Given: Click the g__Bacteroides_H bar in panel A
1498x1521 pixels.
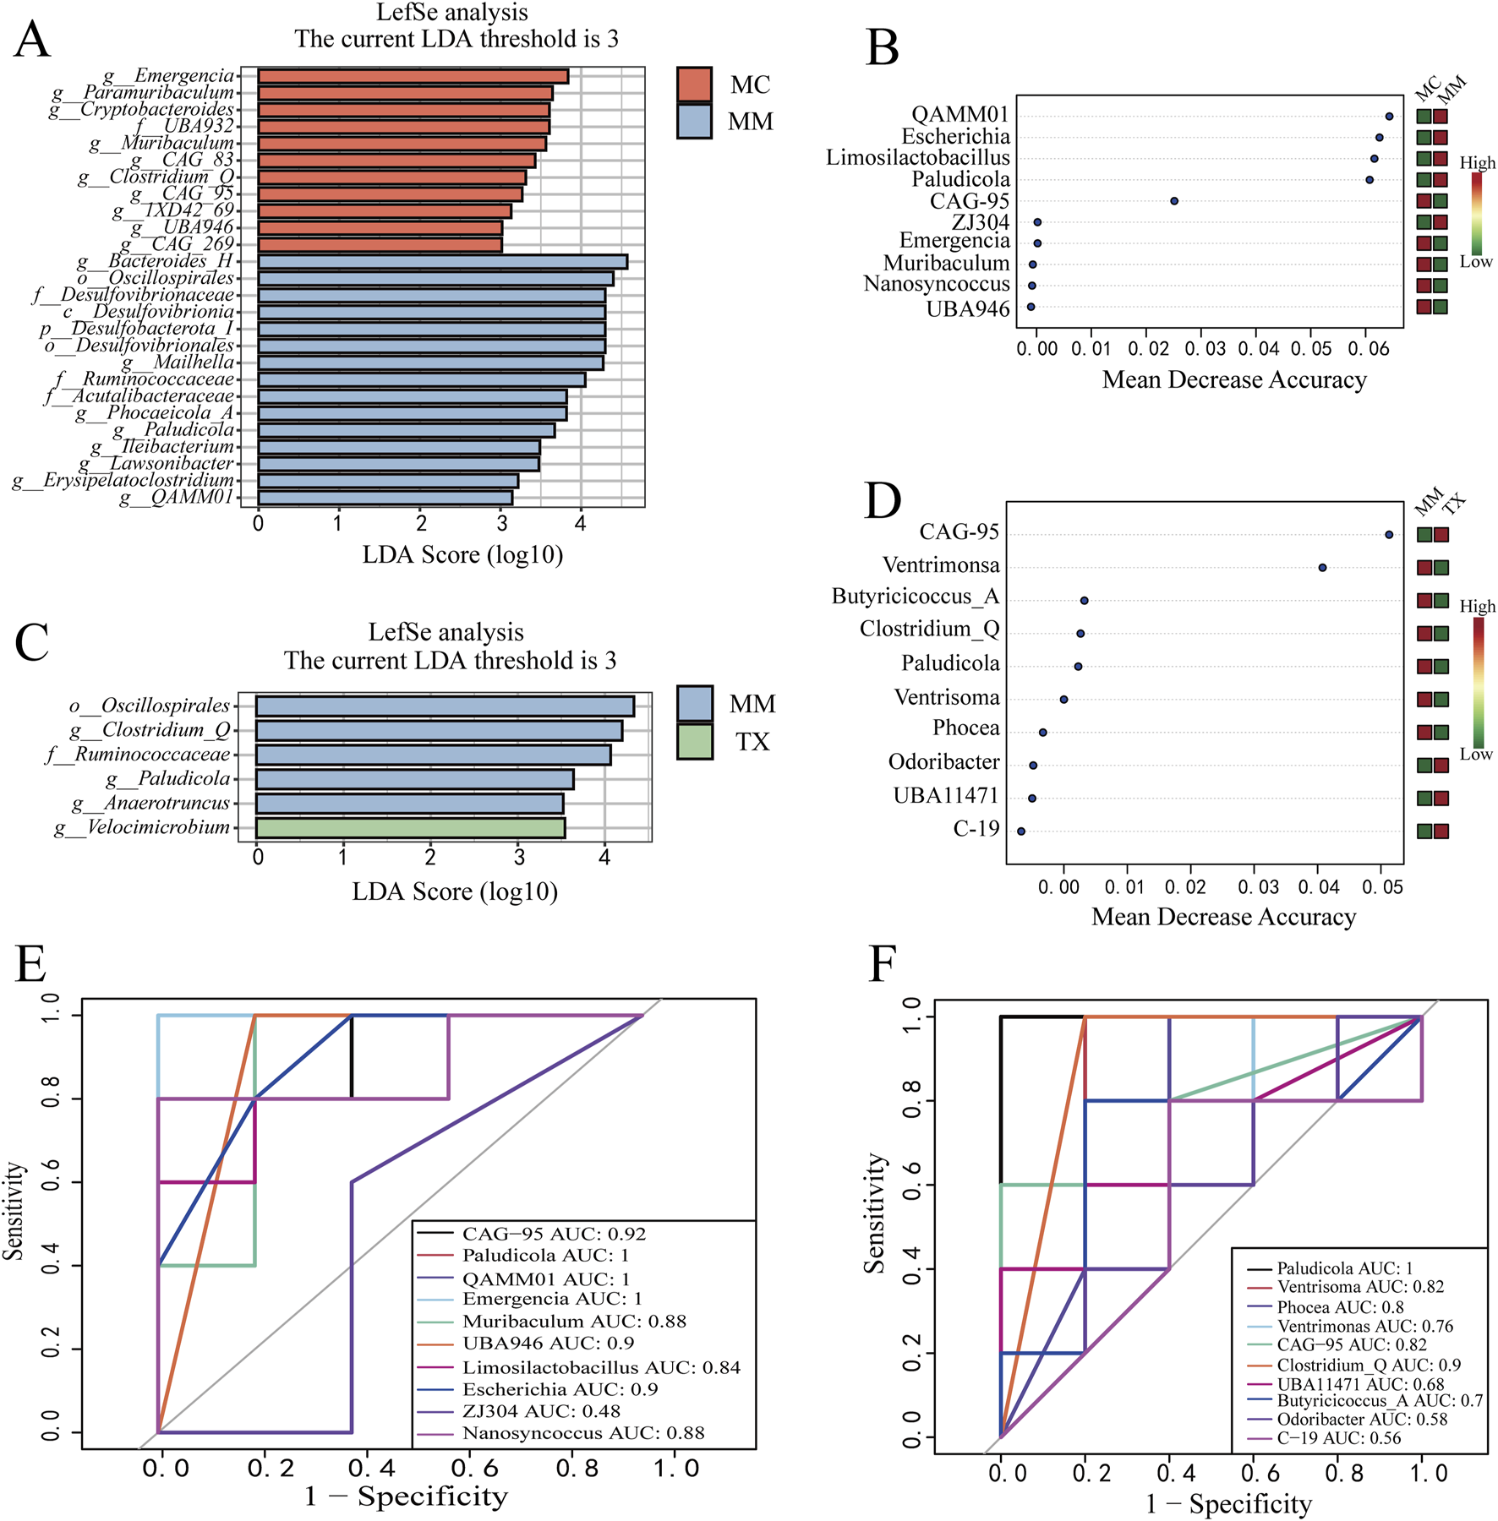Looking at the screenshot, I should coord(442,262).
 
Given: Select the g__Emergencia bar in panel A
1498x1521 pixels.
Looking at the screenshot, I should coord(413,77).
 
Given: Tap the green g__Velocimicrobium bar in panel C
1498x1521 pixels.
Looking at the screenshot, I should coord(410,828).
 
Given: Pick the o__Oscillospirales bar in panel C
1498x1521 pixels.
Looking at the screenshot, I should coord(445,706).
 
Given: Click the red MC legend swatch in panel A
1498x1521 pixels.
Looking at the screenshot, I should coord(694,84).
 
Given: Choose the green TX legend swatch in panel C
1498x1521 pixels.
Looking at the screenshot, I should coord(695,742).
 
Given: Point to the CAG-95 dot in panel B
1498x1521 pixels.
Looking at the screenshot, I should coord(1174,201).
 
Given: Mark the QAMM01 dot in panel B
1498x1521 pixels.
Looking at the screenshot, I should coord(1389,117).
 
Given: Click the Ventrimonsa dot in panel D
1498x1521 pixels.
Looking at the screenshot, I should coord(1322,568).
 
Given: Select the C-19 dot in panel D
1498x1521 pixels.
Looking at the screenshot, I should coord(1021,831).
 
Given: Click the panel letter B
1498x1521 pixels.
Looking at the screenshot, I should coord(883,48).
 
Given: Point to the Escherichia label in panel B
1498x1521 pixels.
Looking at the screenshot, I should coord(955,137).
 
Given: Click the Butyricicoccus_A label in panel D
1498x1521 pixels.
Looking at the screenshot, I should coord(915,597).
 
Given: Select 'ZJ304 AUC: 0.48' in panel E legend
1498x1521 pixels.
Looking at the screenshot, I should coord(541,1411).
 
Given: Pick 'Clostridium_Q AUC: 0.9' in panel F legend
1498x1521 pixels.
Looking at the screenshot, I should coord(1369,1366).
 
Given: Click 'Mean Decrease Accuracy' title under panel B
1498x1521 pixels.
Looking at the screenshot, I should coord(1234,380).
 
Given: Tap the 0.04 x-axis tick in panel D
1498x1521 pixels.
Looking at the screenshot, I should coord(1319,887).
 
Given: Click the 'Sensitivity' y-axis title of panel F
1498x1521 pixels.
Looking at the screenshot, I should coord(874,1213).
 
